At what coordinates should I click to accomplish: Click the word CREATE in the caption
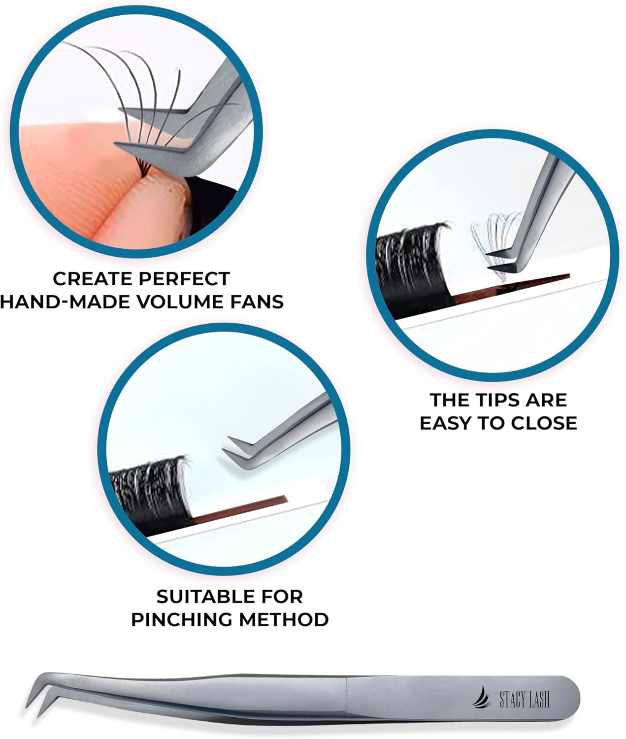(x=87, y=279)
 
